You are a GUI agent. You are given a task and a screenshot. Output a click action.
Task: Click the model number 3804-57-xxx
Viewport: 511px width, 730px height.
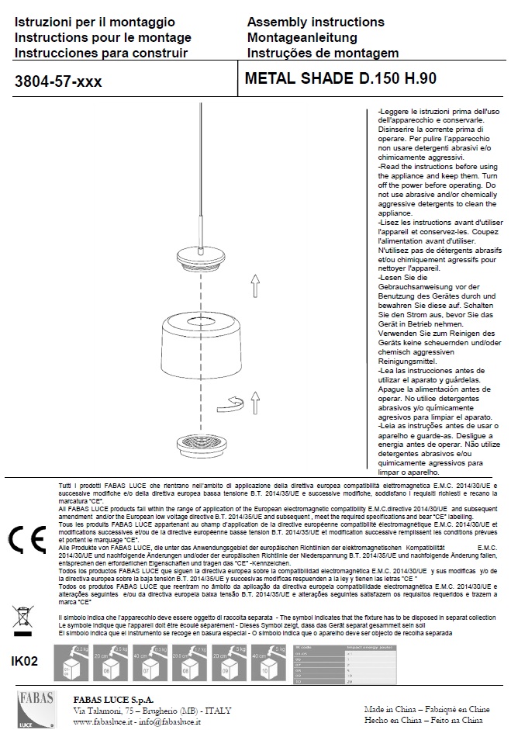58,80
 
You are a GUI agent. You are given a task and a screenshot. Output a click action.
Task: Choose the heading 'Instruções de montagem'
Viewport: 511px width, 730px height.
321,53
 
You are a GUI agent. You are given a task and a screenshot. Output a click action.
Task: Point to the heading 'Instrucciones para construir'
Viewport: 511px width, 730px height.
101,53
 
